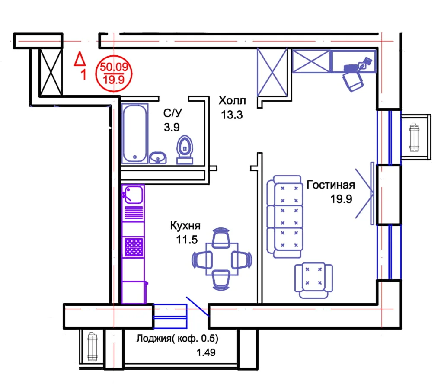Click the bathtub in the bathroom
pyautogui.click(x=135, y=133)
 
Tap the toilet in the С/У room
pyautogui.click(x=185, y=150)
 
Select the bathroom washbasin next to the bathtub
pyautogui.click(x=158, y=158)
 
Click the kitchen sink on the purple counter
pyautogui.click(x=133, y=195)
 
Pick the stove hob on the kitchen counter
pyautogui.click(x=134, y=247)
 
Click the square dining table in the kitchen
pyautogui.click(x=222, y=259)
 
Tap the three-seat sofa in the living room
pyautogui.click(x=284, y=217)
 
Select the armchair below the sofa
pyautogui.click(x=313, y=280)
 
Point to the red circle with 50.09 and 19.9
pyautogui.click(x=114, y=74)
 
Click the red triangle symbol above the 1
pyautogui.click(x=80, y=59)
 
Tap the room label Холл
pyautogui.click(x=232, y=100)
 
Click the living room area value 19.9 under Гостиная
pyautogui.click(x=341, y=199)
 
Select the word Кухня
pyautogui.click(x=185, y=226)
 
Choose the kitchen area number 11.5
pyautogui.click(x=187, y=240)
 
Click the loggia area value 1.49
pyautogui.click(x=206, y=352)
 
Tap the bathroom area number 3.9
pyautogui.click(x=172, y=127)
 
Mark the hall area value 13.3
pyautogui.click(x=232, y=115)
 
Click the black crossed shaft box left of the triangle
pyautogui.click(x=51, y=72)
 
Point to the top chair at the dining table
pyautogui.click(x=221, y=238)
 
